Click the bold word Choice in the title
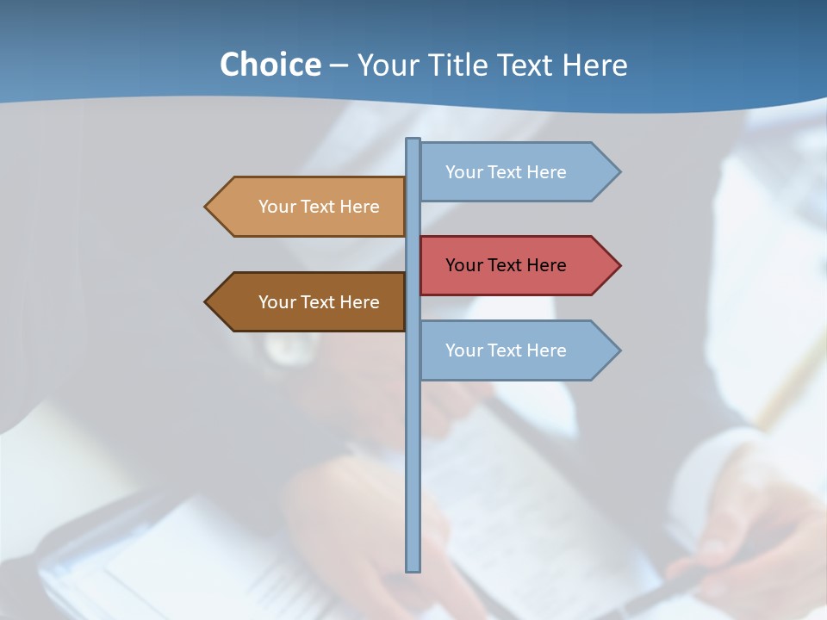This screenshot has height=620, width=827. coord(270,65)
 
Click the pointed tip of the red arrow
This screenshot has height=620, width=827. coord(619,265)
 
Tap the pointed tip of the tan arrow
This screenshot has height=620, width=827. coord(207,207)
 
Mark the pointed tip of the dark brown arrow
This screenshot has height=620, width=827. coord(207,302)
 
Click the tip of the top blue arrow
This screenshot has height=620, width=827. coord(619,172)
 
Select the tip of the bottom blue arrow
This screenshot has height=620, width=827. coord(619,350)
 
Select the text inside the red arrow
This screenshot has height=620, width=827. coord(506,265)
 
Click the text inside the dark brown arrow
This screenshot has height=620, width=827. coord(319,302)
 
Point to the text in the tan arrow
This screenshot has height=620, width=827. coord(319,207)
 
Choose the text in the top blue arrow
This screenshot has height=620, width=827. coord(506,172)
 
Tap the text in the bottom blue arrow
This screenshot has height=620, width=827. coord(506,350)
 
